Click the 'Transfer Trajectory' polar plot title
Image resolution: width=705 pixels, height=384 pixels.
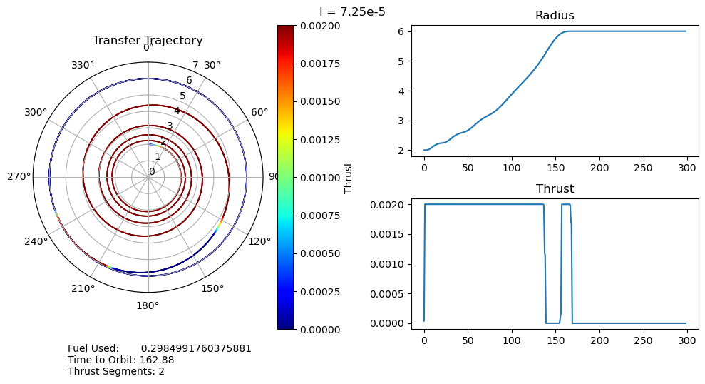[x=148, y=41]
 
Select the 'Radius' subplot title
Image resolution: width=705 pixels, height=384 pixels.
[x=554, y=16]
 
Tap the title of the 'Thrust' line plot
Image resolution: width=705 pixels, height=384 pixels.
[x=554, y=189]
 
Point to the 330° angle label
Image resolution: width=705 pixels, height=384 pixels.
[x=83, y=66]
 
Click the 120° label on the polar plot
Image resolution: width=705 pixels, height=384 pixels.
[x=259, y=241]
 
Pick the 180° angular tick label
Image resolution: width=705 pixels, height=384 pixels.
[x=148, y=306]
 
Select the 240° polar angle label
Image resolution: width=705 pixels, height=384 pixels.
[x=36, y=241]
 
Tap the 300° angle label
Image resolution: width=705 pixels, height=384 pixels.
[x=36, y=112]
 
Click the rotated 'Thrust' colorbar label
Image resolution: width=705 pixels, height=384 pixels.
[x=349, y=177]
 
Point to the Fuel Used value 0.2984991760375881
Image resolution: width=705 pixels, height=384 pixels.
[x=196, y=348]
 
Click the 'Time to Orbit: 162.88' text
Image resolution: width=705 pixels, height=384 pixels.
[x=121, y=360]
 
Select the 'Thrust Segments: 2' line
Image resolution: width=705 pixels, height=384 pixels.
[x=116, y=371]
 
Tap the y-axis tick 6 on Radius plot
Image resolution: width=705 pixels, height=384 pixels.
[x=402, y=31]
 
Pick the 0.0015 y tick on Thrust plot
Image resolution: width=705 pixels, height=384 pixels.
[x=391, y=234]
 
